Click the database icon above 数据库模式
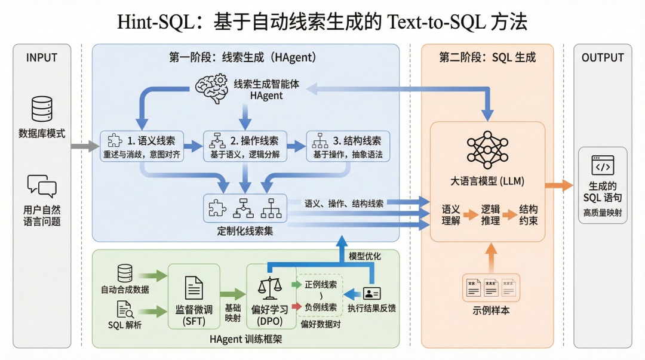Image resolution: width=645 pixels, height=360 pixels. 42,109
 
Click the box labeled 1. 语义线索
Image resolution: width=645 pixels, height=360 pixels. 141,146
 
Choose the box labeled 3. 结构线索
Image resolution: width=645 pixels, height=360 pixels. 348,146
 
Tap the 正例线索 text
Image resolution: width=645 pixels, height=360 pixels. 320,285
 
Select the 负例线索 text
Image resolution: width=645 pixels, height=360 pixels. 320,307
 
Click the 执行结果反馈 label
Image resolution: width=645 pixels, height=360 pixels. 371,309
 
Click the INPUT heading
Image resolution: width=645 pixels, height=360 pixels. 42,58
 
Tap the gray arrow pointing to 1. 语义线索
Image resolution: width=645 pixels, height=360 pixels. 85,146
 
